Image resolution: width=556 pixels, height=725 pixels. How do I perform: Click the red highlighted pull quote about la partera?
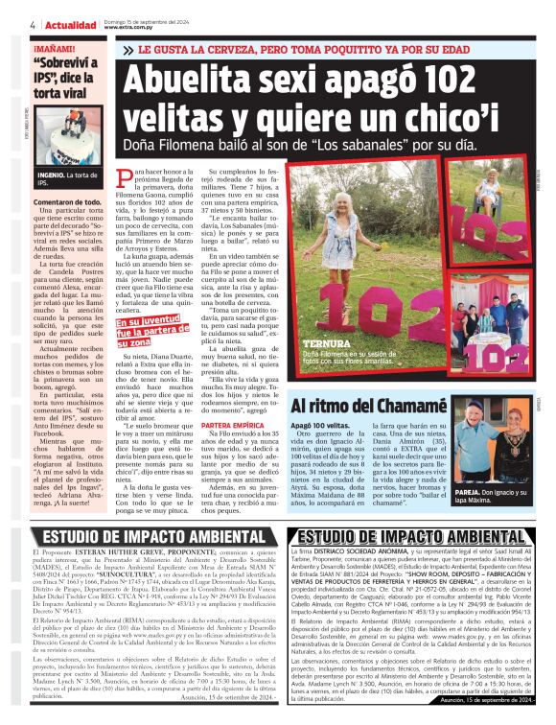pyautogui.click(x=148, y=331)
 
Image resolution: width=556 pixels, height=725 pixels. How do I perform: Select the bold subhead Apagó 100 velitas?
pyautogui.click(x=331, y=424)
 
